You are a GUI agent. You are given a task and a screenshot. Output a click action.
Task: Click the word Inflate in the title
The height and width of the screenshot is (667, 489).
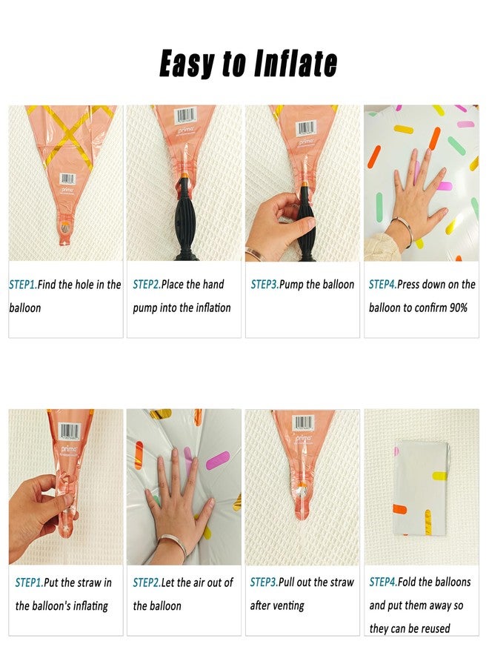[x=296, y=64]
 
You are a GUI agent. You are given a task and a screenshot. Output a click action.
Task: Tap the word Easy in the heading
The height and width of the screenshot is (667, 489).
[x=186, y=64]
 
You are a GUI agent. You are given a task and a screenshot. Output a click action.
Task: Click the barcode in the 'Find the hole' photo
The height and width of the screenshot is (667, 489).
[x=67, y=179]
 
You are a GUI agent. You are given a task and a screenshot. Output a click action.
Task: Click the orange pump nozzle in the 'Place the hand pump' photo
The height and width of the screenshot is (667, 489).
[x=184, y=176]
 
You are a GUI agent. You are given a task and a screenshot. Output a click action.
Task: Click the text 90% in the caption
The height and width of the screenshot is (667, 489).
[x=459, y=308]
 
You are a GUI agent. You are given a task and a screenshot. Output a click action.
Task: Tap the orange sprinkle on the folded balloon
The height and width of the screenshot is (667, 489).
[x=399, y=508]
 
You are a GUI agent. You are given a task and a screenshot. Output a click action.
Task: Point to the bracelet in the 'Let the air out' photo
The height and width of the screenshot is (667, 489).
[x=173, y=545]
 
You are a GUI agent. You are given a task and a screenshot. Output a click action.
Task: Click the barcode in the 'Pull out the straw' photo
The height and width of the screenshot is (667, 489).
[x=304, y=423]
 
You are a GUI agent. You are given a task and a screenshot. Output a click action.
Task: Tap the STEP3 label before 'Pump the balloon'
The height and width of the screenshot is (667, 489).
[x=265, y=284]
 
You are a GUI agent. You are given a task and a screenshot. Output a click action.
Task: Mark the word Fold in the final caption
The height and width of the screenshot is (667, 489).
[x=407, y=582]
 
